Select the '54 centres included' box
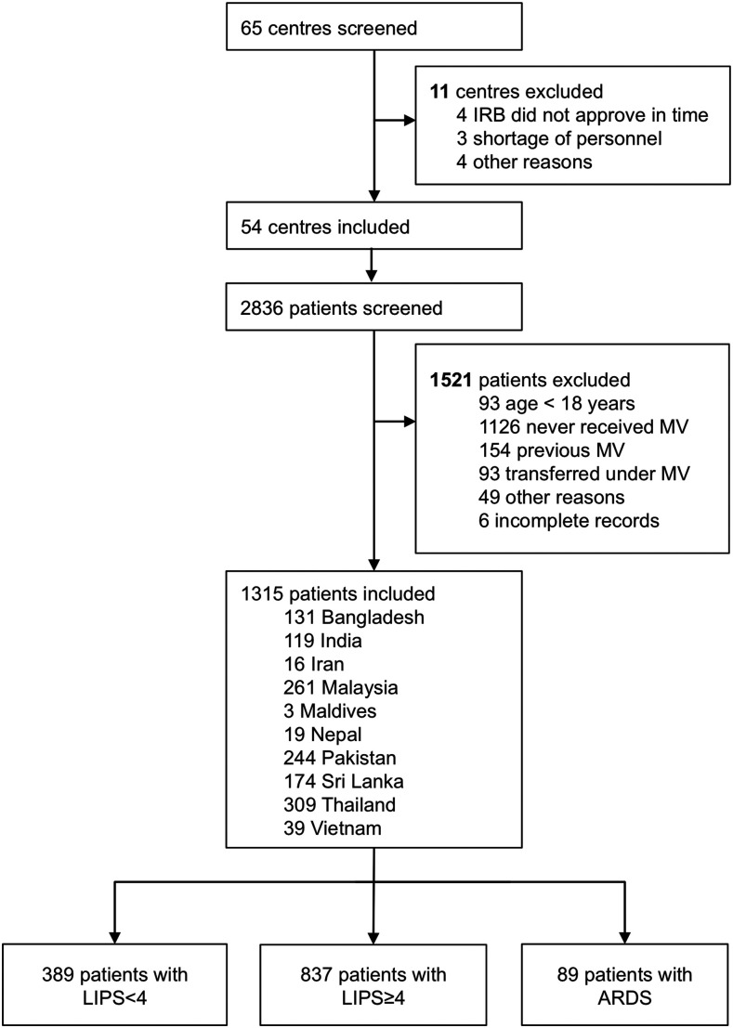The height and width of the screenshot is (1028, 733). tap(372, 226)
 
